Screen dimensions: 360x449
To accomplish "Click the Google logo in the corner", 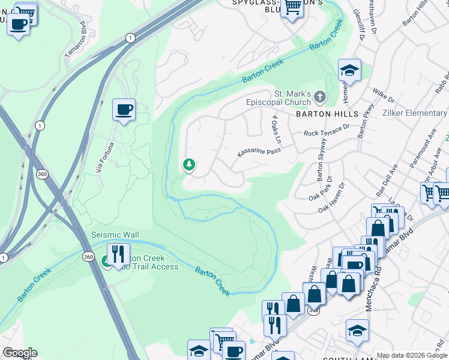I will click(20, 353).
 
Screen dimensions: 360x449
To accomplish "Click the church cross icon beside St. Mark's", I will click(320, 96).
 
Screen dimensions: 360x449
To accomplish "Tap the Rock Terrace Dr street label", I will click(327, 131).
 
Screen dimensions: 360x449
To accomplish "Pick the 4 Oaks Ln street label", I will click(277, 129).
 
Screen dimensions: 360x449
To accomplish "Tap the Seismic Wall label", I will click(115, 235).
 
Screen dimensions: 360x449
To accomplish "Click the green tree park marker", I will click(189, 164).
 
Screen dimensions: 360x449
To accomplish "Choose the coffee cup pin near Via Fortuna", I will click(124, 110).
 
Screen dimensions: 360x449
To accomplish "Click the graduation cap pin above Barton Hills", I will click(349, 70).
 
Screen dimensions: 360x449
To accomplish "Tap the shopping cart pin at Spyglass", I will click(292, 8).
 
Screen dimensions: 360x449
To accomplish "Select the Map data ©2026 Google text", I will click(412, 355).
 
